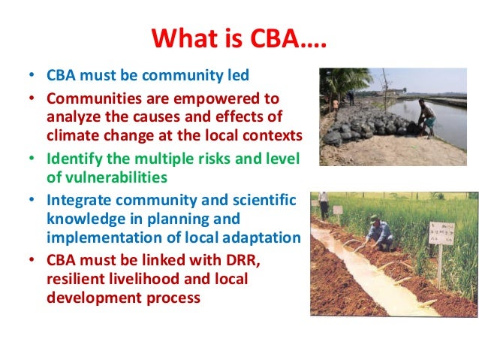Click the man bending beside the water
tap(426, 117)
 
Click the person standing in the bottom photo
tap(323, 204)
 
